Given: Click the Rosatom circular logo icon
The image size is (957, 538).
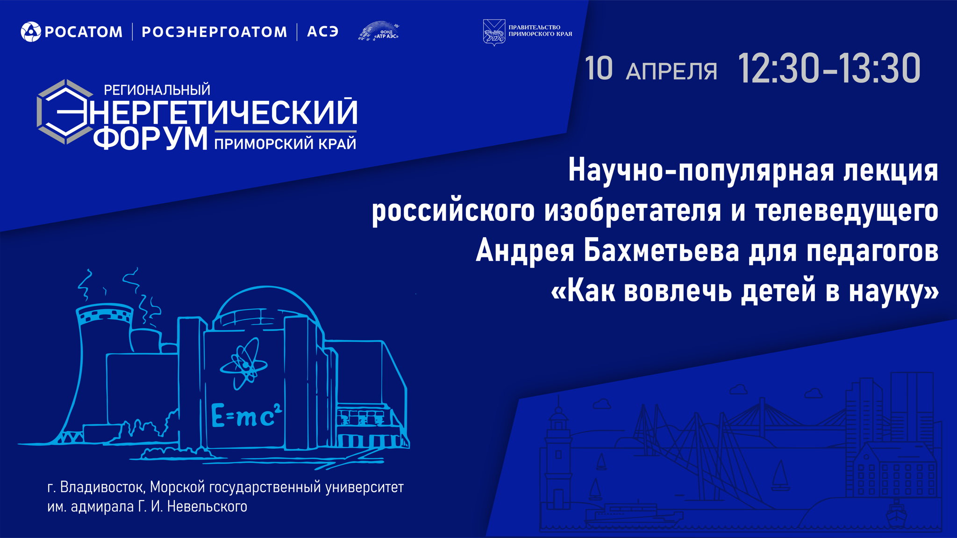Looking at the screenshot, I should (31, 32).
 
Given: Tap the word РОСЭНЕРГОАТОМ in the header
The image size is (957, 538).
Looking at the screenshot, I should (214, 32).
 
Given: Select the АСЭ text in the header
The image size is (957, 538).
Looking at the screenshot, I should (322, 32).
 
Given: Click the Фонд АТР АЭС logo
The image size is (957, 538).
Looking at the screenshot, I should (379, 31).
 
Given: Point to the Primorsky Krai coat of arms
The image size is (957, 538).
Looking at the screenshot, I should (493, 32).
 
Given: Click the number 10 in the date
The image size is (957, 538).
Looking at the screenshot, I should (598, 69).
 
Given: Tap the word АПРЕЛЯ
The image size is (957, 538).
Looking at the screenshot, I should (671, 71).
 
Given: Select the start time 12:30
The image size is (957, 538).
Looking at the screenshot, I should (778, 69).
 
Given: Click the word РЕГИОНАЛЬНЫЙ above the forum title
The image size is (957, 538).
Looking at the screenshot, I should (157, 89).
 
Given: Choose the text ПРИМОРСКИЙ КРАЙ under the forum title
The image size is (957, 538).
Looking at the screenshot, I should (285, 144).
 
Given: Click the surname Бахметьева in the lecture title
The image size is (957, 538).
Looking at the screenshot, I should (661, 251).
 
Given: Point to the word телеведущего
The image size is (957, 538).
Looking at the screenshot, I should (846, 211).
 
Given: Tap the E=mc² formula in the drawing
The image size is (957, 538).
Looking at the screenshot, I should (247, 416).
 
